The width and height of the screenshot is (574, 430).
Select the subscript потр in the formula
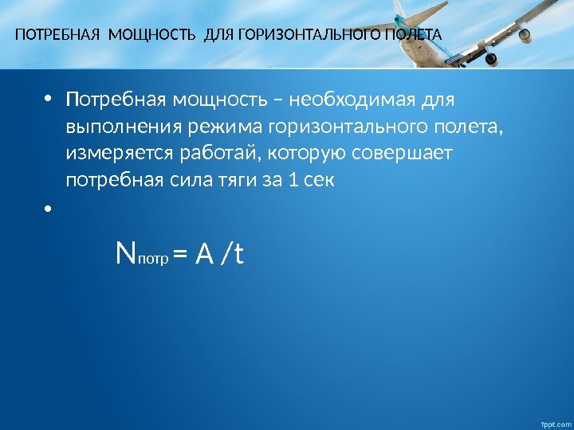coord(153,260)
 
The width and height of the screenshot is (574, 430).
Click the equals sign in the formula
coord(179,256)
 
